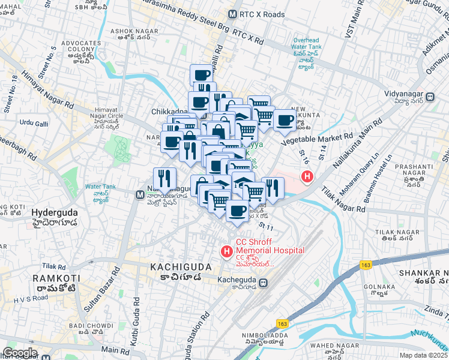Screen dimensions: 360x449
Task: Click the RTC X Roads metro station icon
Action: click(233, 14)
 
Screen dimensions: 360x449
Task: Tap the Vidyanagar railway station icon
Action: click(430, 97)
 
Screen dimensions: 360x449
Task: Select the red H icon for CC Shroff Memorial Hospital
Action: click(228, 250)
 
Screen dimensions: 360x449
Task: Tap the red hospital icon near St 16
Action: click(307, 177)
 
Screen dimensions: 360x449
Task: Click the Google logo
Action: click(19, 353)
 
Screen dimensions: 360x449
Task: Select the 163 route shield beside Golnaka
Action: click(366, 265)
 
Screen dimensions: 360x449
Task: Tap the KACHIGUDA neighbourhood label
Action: click(181, 266)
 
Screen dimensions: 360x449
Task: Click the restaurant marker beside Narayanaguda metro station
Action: click(164, 179)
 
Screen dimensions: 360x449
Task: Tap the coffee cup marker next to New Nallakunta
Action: click(285, 120)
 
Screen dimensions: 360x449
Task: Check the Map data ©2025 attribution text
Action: click(423, 355)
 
